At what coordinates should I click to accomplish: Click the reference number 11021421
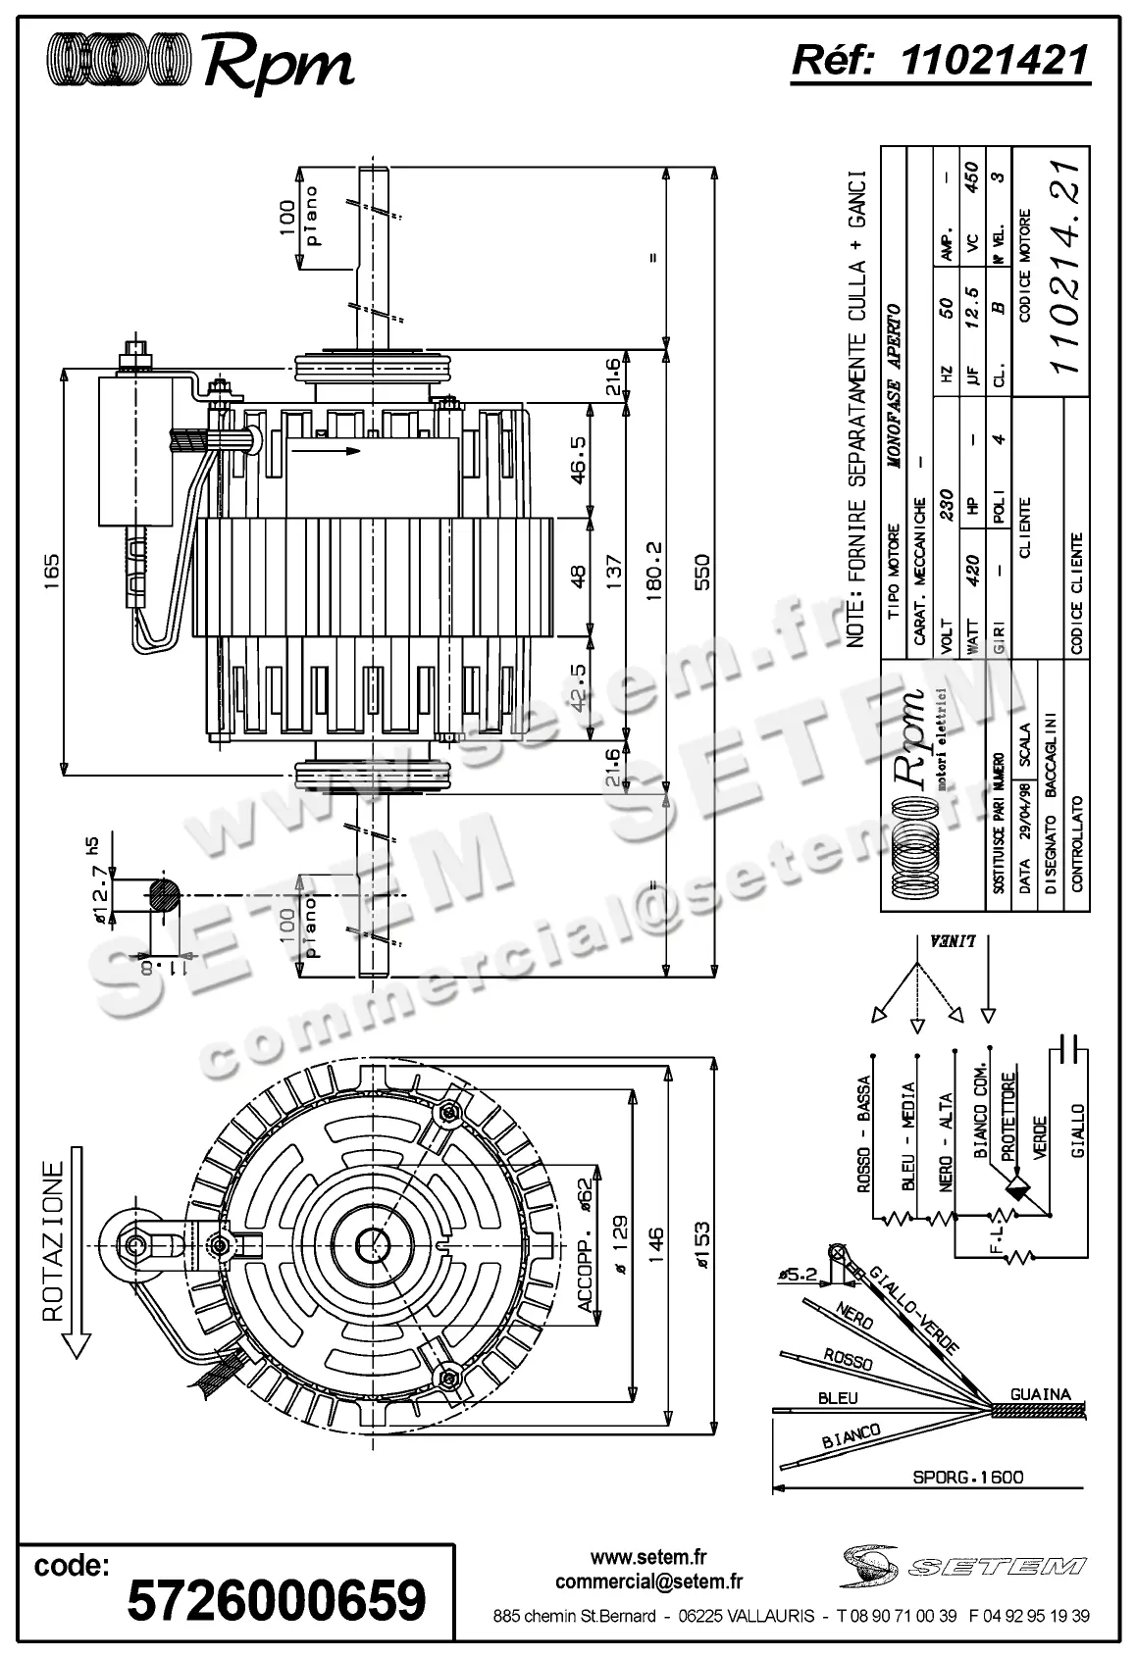(x=994, y=61)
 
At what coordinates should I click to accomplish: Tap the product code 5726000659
(x=278, y=1599)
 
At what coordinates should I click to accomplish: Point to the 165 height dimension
(x=51, y=569)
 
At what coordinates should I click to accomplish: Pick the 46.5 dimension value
(x=578, y=460)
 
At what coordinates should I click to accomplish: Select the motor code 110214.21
(x=1064, y=267)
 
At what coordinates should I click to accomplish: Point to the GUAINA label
(x=1041, y=1394)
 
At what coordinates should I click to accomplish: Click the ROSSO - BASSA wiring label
(x=864, y=1134)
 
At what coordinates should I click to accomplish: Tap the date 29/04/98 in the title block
(x=1024, y=833)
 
